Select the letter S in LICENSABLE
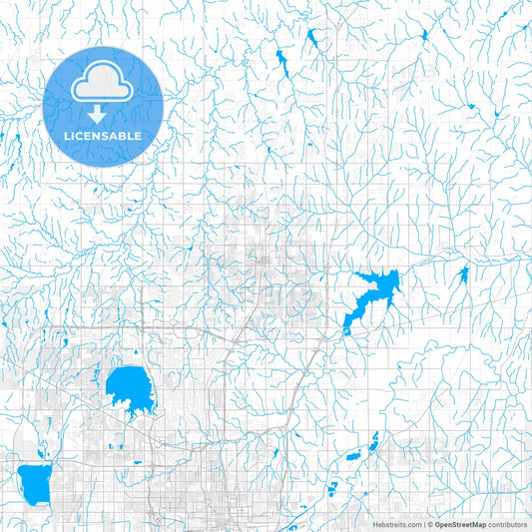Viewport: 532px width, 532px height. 106,136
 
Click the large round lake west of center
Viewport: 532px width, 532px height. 127,387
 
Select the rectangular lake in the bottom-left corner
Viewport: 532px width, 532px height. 35,482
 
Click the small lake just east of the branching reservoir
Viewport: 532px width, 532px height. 461,275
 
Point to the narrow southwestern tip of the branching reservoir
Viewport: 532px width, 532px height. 346,327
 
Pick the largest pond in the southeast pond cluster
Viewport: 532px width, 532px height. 354,455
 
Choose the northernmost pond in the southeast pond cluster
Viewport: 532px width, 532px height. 375,438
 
